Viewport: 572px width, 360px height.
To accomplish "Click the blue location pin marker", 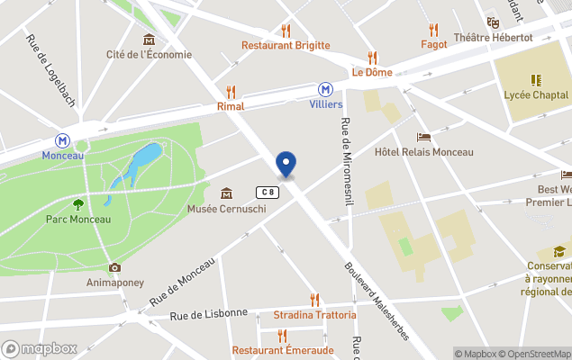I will coord(286,165).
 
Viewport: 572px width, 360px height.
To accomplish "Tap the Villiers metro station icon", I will coord(325,89).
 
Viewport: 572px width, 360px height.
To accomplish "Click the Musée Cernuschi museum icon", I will coord(225,193).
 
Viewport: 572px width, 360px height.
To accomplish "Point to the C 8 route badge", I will coord(266,192).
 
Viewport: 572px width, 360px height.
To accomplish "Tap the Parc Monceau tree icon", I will coord(78,204).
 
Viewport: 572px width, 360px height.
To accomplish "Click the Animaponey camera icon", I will coord(114,267).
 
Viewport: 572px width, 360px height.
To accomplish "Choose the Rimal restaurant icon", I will coord(231,91).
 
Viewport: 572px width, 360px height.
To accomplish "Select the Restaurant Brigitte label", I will coord(286,46).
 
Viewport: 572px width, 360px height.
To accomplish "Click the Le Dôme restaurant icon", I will coord(372,58).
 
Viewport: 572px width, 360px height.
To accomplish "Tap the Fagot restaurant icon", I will coord(434,29).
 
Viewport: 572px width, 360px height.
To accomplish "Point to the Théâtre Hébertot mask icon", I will coord(493,22).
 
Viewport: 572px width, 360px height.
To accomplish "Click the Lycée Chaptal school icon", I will coord(536,80).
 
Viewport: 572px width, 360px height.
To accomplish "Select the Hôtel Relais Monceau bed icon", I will coord(423,137).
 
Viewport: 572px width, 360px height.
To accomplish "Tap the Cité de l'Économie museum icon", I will coord(149,39).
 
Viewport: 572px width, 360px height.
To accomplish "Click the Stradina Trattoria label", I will coord(314,315).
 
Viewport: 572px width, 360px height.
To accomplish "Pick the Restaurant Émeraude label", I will coord(282,350).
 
